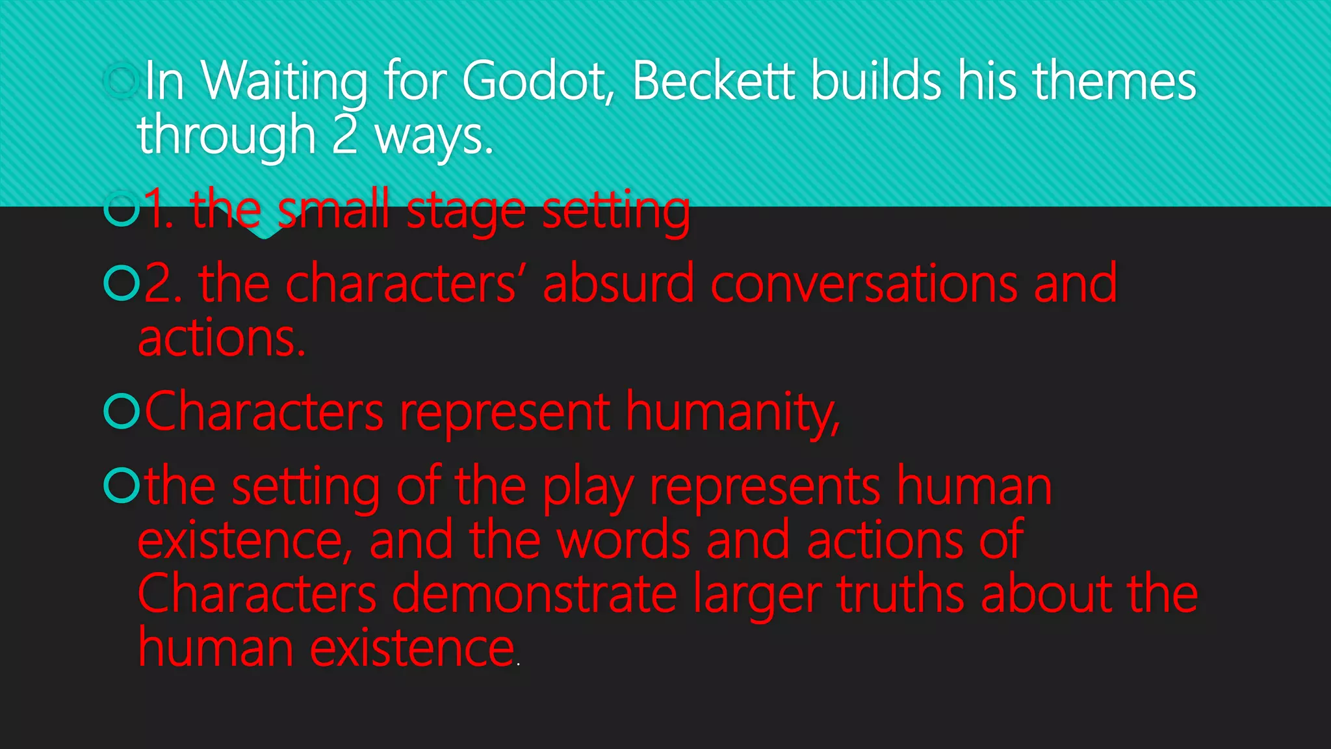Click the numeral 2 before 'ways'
click(344, 135)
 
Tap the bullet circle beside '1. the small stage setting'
click(122, 209)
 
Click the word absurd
click(618, 283)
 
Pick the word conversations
click(864, 283)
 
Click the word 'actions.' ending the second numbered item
click(222, 338)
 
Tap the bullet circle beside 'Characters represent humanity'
click(122, 411)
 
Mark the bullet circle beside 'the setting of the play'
click(122, 485)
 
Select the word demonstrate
click(534, 594)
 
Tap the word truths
click(900, 594)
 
